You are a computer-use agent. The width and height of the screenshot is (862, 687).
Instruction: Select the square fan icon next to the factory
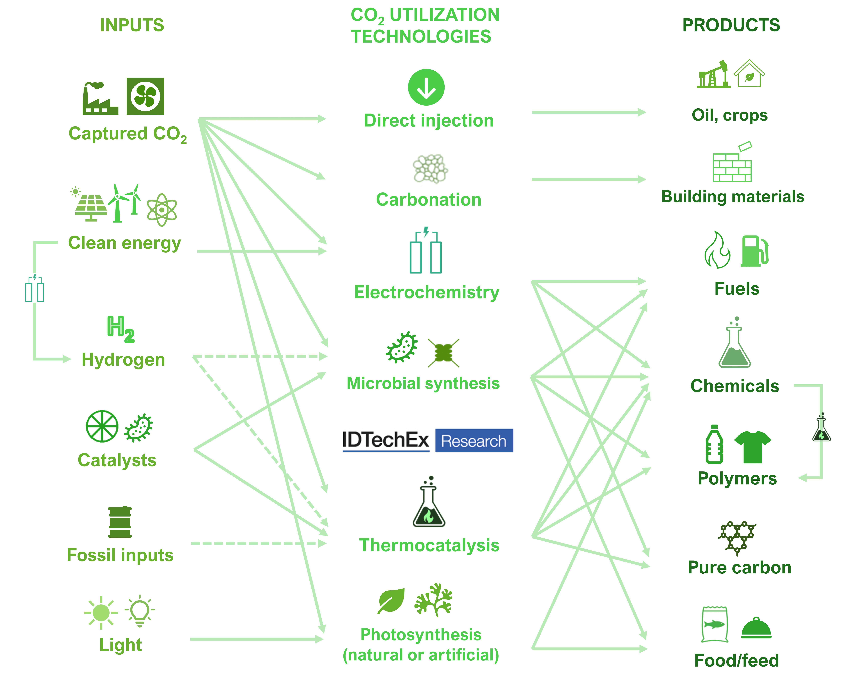tap(145, 96)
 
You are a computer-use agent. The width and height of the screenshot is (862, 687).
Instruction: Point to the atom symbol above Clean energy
tap(162, 210)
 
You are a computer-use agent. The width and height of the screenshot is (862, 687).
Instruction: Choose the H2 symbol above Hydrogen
tap(121, 329)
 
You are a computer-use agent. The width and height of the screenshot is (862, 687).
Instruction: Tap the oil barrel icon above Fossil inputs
tap(120, 522)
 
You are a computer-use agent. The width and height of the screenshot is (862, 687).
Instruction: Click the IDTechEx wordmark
tap(385, 440)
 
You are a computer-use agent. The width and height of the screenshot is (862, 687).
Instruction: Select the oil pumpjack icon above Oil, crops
tap(714, 75)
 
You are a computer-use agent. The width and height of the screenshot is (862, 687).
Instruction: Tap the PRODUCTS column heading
tap(731, 25)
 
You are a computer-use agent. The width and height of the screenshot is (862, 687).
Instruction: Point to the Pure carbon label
tap(739, 568)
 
